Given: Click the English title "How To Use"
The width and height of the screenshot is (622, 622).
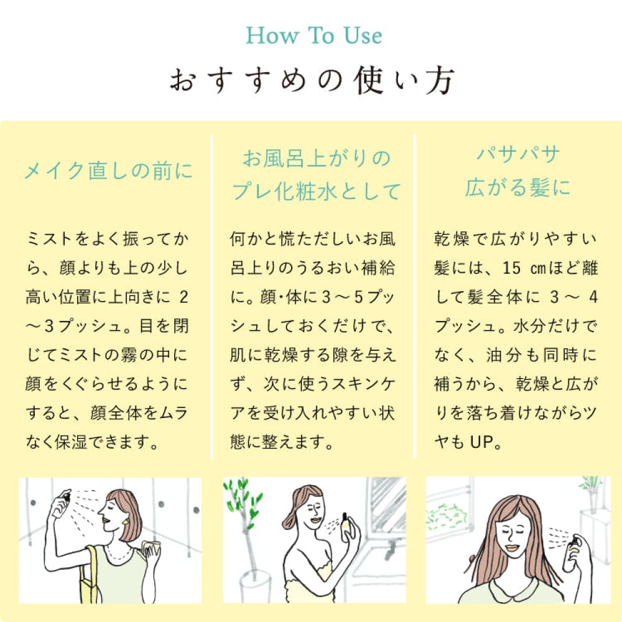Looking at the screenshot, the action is point(313,35).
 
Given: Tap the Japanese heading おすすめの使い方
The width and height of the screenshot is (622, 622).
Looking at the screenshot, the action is point(312,80).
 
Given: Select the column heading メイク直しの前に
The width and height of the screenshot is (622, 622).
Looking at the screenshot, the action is point(108,171).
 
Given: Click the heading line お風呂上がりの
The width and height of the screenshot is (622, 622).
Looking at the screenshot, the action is point(317,158).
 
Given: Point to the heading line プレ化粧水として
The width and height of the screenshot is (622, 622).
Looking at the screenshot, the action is point(316,191).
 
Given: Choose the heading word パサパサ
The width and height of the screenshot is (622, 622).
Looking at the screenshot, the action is point(519,154).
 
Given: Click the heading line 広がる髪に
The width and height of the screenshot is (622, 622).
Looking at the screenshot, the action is point(518,187).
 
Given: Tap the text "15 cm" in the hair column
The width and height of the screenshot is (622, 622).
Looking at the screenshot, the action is point(524,268).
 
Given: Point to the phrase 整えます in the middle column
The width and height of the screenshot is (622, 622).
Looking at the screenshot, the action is point(293,442).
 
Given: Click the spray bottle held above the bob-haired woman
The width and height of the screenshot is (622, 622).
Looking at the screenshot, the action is point(61,503).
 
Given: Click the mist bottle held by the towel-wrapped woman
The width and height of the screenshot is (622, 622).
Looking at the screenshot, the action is point(346,527).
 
